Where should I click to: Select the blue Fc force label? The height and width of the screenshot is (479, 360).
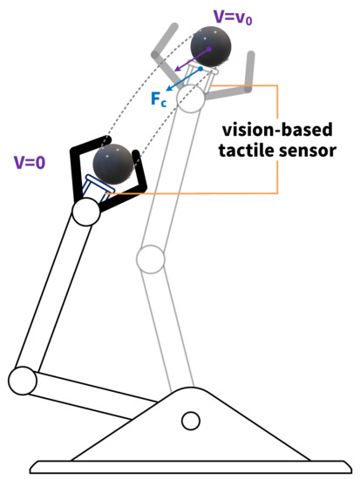[x=159, y=99]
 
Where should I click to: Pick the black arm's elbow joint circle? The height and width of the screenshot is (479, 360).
[x=22, y=380]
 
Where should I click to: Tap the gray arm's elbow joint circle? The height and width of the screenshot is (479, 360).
[x=150, y=258]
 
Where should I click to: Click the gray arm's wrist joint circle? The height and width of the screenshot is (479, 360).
[x=191, y=97]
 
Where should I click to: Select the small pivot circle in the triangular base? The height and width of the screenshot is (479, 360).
[x=190, y=422]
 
